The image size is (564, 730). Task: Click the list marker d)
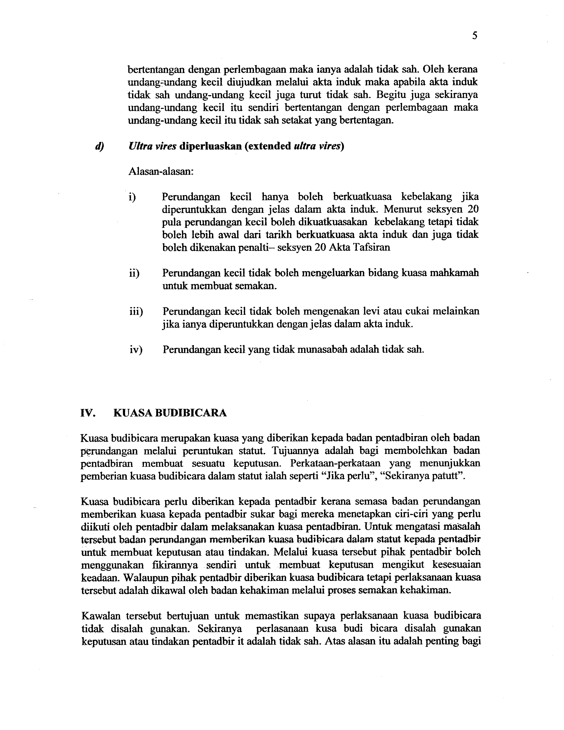click(x=100, y=146)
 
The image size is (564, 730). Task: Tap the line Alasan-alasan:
click(x=161, y=172)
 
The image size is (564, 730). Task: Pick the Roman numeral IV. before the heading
click(x=88, y=413)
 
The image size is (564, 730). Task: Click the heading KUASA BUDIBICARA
click(x=170, y=413)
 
